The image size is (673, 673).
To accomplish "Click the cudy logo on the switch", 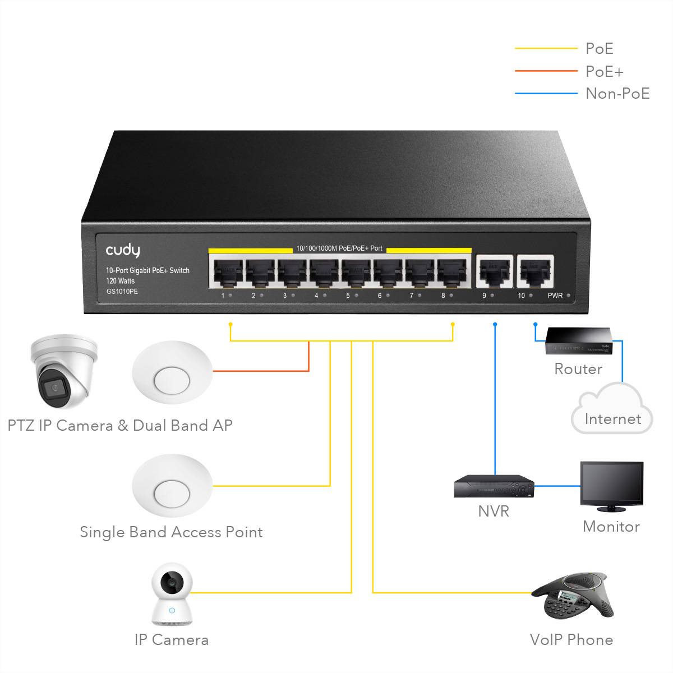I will coord(123,251).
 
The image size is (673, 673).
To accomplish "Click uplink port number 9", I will coord(494,271).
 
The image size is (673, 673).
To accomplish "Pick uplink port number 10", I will coord(535,271).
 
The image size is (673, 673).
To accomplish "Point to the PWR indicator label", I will coord(555,296).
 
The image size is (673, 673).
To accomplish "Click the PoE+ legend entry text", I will coord(604,71).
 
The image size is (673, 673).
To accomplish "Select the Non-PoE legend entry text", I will coord(617,93).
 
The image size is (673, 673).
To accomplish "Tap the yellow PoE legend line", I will coord(546,49).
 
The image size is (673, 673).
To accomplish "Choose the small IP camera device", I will coord(172,596).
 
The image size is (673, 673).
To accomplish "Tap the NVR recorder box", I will coord(494,486).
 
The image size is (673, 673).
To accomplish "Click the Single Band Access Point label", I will coord(171,532).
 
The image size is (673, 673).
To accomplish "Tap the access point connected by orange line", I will coord(172,371).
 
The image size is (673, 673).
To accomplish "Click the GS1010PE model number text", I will coord(122,292).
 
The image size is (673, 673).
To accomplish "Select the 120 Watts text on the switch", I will coord(120,281).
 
